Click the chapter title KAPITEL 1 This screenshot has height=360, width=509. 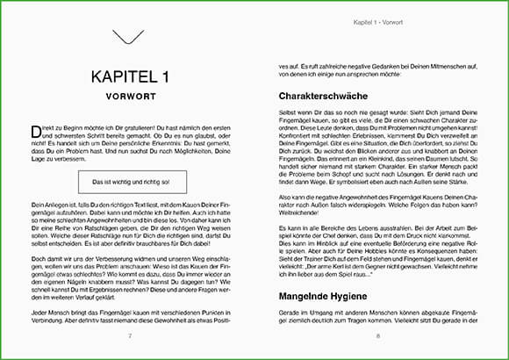click(x=130, y=78)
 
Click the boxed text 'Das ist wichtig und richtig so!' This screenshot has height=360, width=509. click(x=130, y=183)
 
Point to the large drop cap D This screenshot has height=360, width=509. click(x=34, y=131)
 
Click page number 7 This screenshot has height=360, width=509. click(x=130, y=335)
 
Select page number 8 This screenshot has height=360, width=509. click(x=378, y=335)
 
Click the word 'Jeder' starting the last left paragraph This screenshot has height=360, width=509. click(x=38, y=312)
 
